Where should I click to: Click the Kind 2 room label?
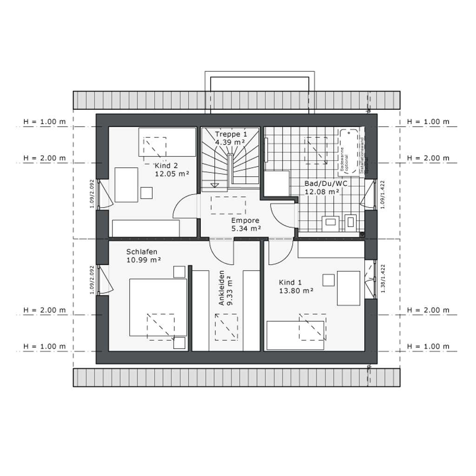[166, 165]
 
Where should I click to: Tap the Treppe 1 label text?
[231, 134]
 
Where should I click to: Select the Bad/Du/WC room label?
[326, 183]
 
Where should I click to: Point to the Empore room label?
[245, 220]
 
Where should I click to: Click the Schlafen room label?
[142, 251]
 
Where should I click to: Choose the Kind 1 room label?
[290, 282]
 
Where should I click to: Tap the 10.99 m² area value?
[144, 260]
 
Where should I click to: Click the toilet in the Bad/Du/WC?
[350, 222]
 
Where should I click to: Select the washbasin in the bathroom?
[331, 223]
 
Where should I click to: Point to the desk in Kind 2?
[126, 185]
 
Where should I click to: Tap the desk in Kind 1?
[348, 288]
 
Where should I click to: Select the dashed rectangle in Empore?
[228, 205]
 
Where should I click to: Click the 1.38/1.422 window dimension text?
[383, 278]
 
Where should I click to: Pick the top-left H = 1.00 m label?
[45, 122]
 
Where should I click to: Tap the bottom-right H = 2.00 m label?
[428, 310]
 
